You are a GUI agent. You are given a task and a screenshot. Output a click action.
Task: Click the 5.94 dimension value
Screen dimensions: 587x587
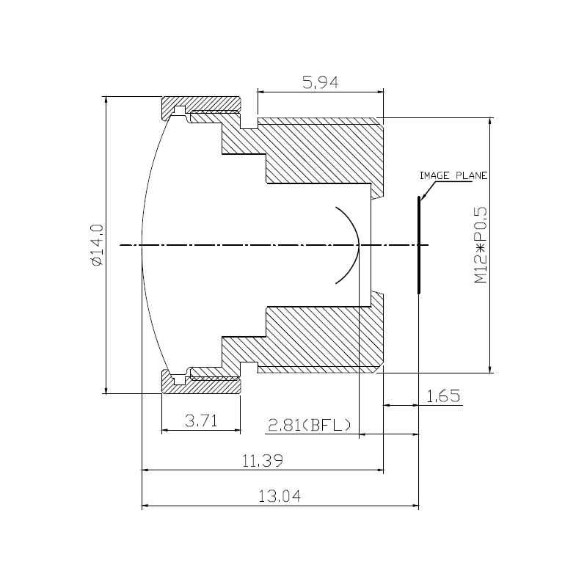[x=320, y=83]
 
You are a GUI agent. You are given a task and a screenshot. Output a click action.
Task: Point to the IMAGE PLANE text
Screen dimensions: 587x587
[x=453, y=176]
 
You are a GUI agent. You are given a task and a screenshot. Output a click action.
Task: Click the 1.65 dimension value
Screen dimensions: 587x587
[x=443, y=397]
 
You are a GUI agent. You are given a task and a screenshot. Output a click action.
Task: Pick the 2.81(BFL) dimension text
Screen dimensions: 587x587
[x=309, y=425]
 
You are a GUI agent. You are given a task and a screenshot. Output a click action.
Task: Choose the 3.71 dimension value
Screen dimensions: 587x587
[x=200, y=420]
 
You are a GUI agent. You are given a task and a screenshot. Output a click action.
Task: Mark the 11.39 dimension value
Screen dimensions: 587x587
[x=263, y=461]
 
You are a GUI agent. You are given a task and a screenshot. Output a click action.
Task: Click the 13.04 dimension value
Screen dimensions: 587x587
[x=280, y=497]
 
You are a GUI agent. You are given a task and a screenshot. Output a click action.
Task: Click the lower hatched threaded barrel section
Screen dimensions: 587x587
[x=323, y=338]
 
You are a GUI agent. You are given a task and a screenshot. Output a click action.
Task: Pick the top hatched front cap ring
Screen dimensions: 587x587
[x=202, y=103]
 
